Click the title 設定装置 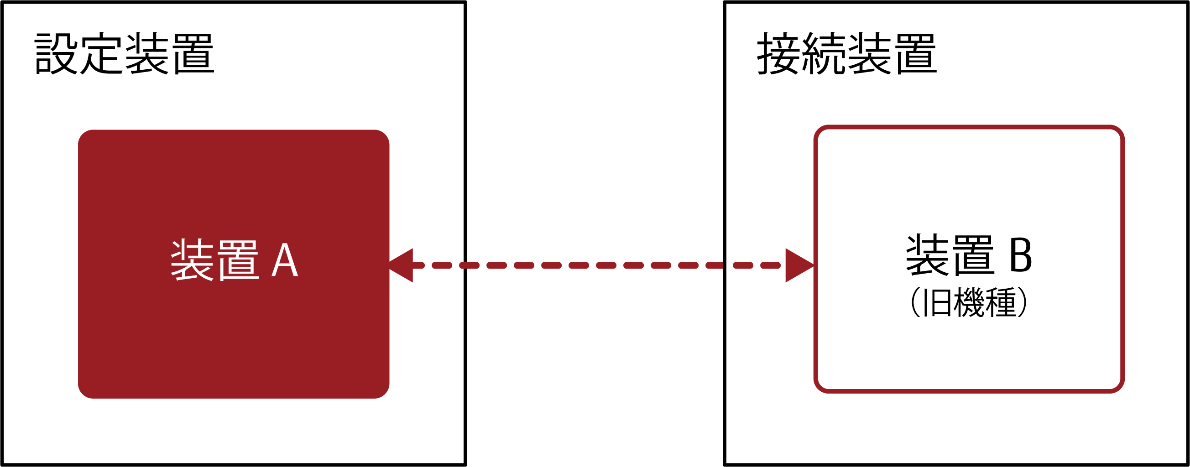coord(125,53)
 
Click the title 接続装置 coord(847,53)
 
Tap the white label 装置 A coord(234,260)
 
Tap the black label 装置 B coord(969,255)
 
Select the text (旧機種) coord(969,302)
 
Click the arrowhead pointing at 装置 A coord(401,265)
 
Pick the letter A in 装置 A coord(285,260)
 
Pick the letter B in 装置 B coord(1020,255)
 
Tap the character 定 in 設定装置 coord(102,53)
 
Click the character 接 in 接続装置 coord(778,53)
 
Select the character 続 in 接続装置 coord(824,53)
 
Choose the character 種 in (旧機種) coord(1001,302)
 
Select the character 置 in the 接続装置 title coord(917,53)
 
